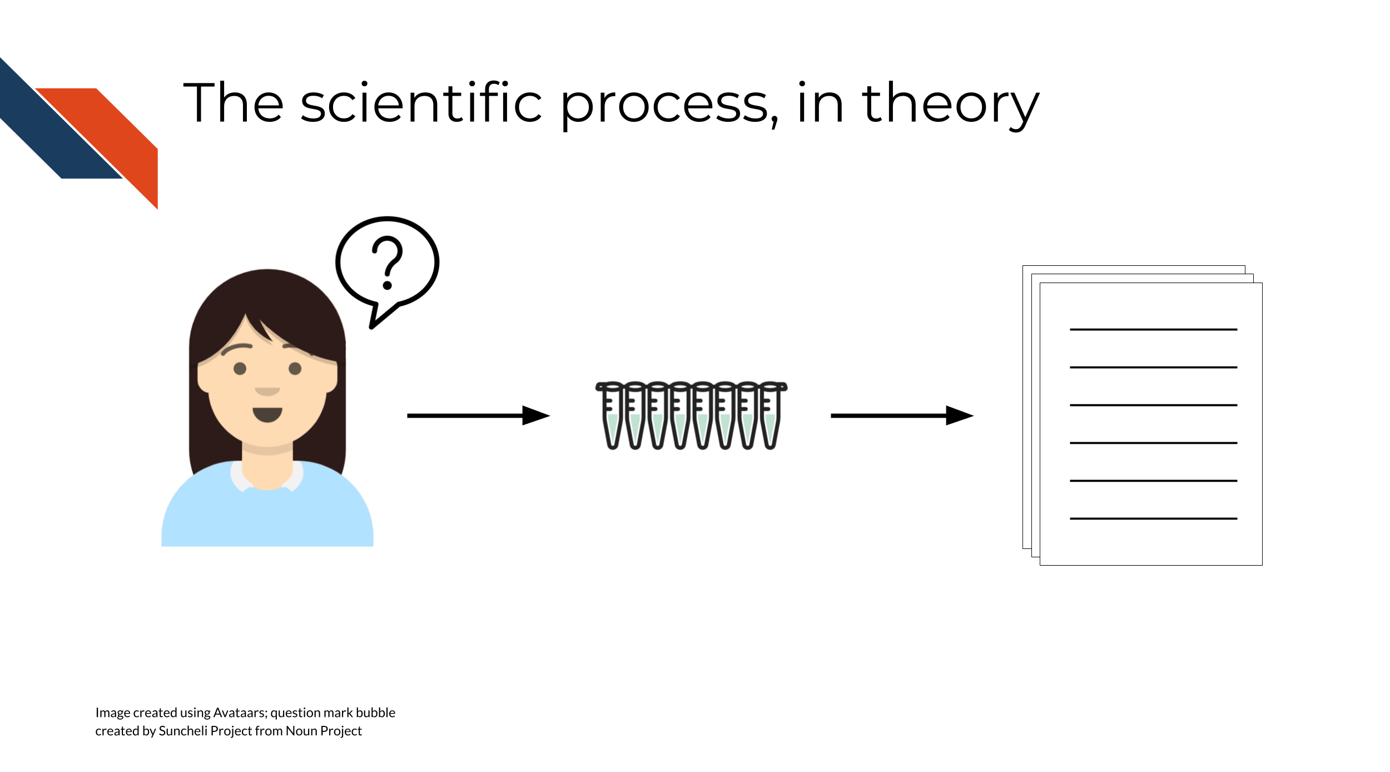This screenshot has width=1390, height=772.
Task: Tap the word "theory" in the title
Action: coord(950,106)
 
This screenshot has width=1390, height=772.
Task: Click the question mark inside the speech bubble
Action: coord(387,263)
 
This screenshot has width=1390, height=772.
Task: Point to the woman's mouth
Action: coord(267,414)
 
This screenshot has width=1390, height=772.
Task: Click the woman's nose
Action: coord(267,391)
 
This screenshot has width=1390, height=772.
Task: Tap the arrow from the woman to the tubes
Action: coord(478,415)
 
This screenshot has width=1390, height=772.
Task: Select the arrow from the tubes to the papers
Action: coord(902,415)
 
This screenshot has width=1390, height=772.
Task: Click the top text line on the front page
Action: coord(1153,330)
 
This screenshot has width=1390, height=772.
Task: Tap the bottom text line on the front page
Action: coord(1153,519)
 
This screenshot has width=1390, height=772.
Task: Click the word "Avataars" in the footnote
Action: coord(239,712)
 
